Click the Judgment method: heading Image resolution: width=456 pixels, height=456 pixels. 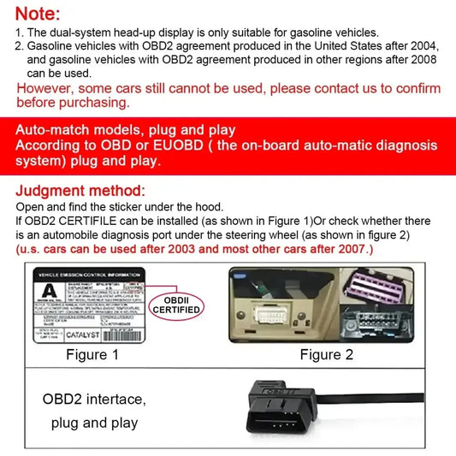(80, 191)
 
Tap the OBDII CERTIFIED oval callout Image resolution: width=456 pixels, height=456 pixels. (176, 305)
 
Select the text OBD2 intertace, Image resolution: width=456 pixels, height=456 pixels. (94, 400)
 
